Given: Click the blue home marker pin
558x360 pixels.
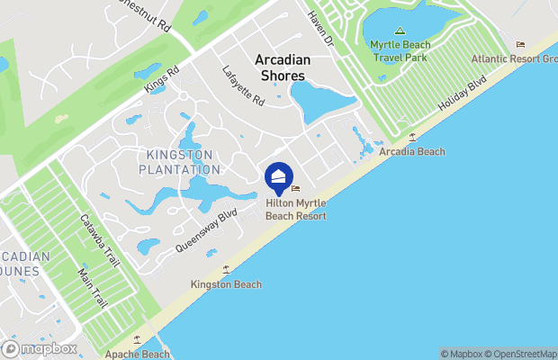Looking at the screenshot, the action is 279,176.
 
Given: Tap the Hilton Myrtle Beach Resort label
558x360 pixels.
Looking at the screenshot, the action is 295,210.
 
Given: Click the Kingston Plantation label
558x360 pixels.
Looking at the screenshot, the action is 180,162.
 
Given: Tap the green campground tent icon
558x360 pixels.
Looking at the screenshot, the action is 400,30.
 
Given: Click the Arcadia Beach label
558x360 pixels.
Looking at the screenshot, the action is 412,152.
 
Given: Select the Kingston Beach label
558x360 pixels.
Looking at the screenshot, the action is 226,284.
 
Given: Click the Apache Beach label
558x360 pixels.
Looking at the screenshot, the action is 137,354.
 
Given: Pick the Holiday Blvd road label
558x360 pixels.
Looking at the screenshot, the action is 461,93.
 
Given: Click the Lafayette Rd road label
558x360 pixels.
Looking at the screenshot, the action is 245,86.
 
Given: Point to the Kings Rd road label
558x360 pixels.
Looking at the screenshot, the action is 162,80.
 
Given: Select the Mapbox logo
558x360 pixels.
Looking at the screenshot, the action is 40,348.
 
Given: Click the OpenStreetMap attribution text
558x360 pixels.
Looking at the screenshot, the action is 521,354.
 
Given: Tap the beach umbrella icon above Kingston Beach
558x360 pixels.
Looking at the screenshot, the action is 226,269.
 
